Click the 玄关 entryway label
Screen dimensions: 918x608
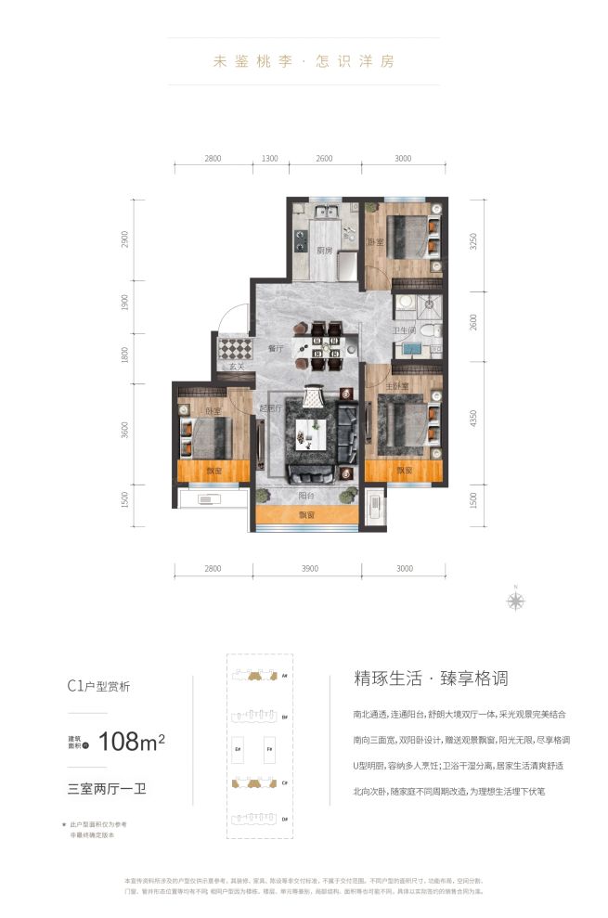pos(238,368)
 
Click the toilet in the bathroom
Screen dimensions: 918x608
pos(428,331)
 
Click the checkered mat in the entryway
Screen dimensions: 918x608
pos(236,350)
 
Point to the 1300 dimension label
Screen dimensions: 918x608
pos(269,159)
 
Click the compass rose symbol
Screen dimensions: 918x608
pos(515,600)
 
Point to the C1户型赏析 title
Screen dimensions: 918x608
pos(98,688)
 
